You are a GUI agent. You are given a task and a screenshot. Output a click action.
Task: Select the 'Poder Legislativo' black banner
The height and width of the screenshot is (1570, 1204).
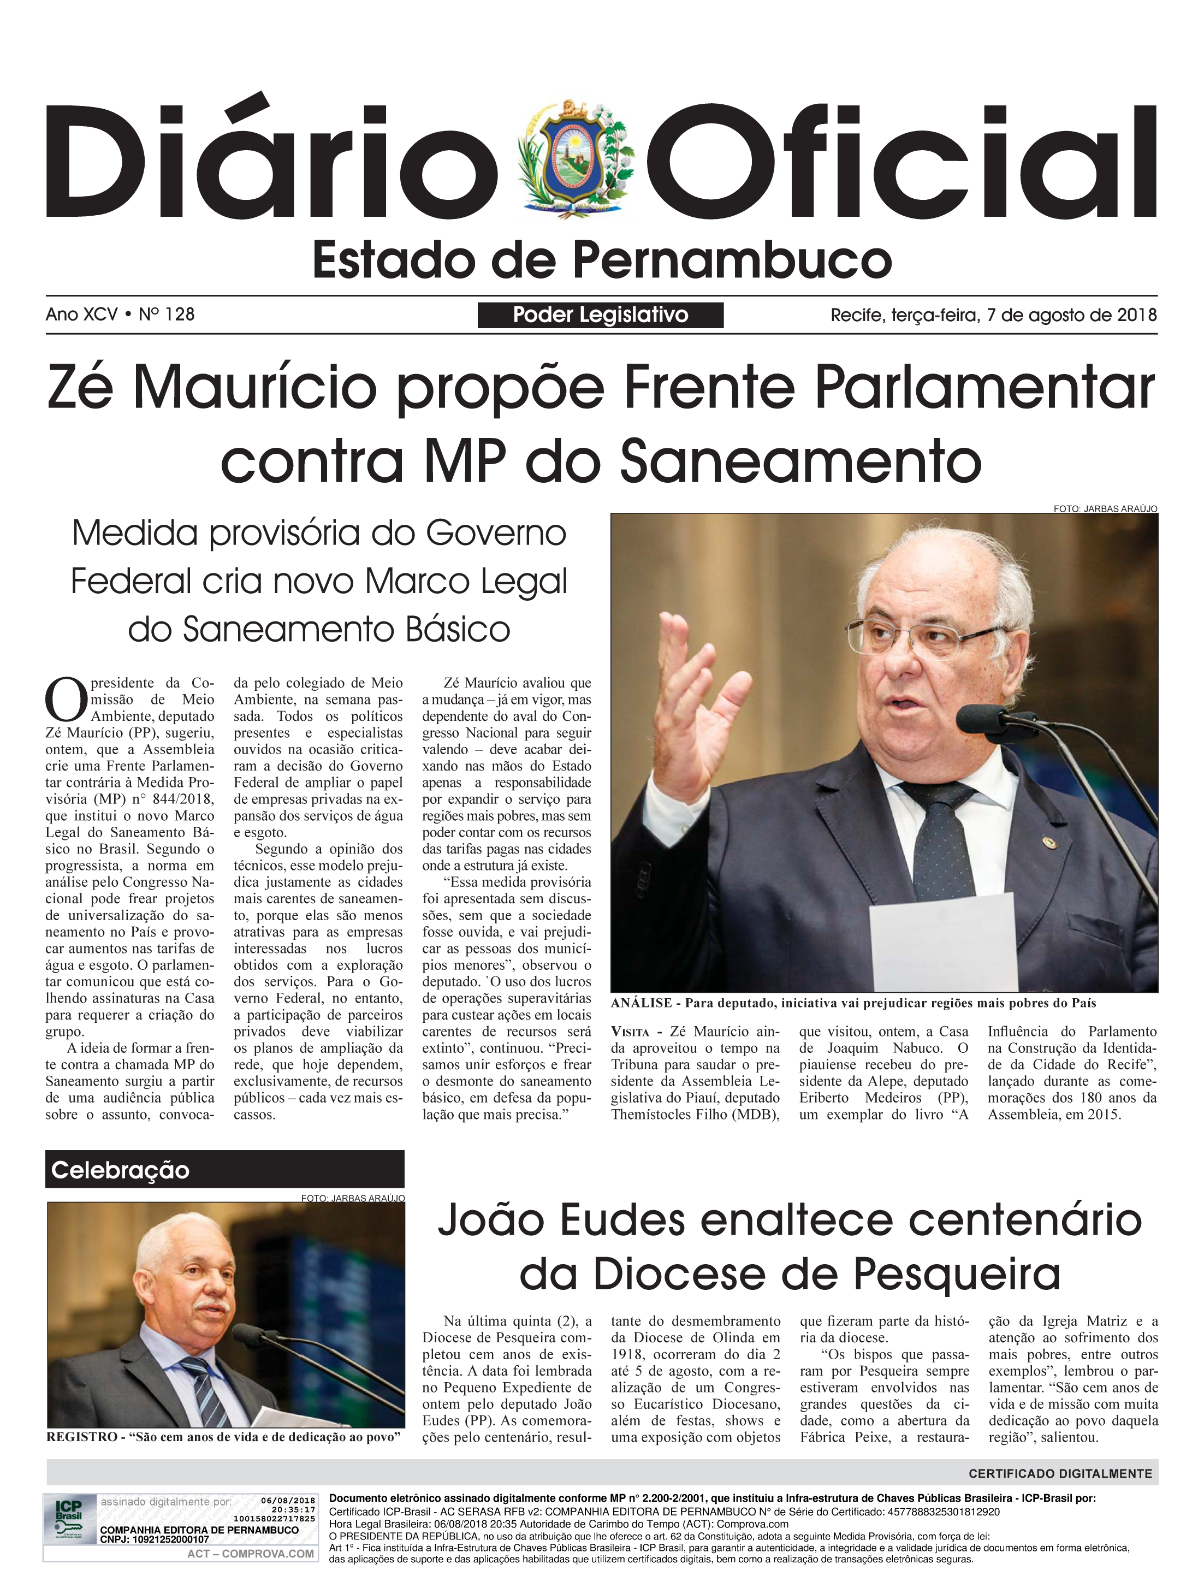coord(600,315)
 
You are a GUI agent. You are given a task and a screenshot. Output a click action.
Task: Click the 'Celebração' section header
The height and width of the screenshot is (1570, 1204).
coord(120,1170)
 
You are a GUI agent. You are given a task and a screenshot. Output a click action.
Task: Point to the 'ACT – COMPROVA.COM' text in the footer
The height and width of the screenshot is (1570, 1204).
coord(250,1554)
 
